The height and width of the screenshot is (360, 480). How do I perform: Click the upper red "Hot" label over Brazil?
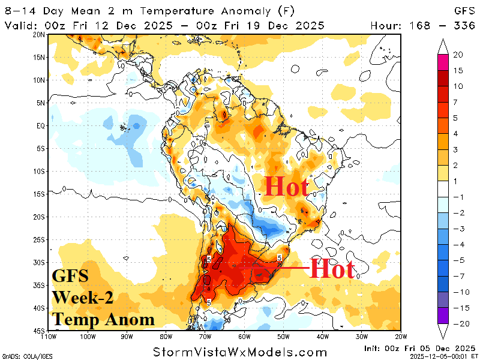click(287, 187)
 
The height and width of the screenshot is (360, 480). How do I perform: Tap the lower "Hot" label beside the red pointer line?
click(332, 269)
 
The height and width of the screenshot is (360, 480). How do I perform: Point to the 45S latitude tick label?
click(40, 331)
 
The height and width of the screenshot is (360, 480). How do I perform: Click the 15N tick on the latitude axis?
click(40, 57)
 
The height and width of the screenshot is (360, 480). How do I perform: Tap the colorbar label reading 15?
click(457, 70)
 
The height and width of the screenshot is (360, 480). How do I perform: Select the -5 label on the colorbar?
click(457, 261)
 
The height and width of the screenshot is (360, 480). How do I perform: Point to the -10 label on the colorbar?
click(457, 292)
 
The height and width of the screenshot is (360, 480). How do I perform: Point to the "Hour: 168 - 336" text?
click(431, 25)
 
